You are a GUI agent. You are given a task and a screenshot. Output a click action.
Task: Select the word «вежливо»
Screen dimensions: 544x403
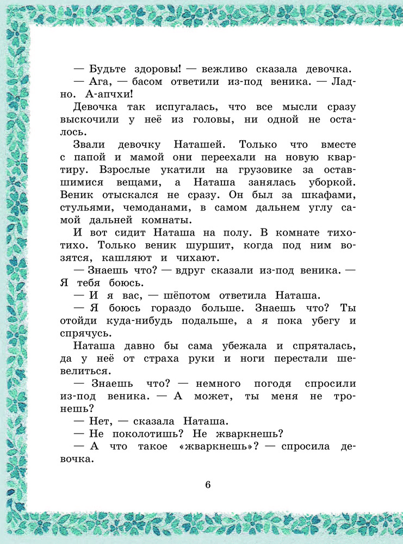[227, 69]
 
